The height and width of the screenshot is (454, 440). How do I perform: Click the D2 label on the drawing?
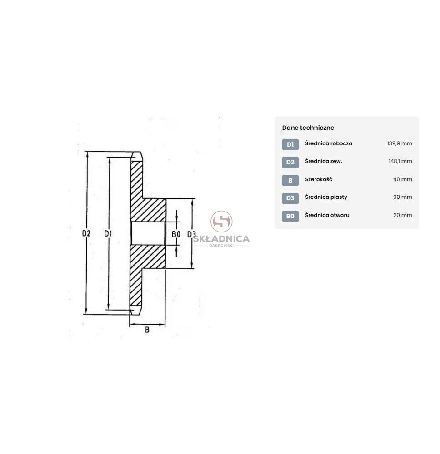[86, 233]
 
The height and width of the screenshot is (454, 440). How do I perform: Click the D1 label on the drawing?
[108, 233]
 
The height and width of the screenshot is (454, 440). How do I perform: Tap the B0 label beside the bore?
[176, 234]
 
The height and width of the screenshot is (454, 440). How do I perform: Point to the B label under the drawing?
[147, 330]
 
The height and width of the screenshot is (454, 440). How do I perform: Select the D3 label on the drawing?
[191, 234]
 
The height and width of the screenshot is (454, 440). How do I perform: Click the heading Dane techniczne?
[308, 128]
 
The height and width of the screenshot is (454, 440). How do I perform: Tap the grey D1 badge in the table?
[290, 144]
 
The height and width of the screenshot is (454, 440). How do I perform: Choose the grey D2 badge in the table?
[290, 162]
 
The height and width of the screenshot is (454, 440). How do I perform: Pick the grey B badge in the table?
[290, 180]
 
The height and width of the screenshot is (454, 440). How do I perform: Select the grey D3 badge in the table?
[290, 198]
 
